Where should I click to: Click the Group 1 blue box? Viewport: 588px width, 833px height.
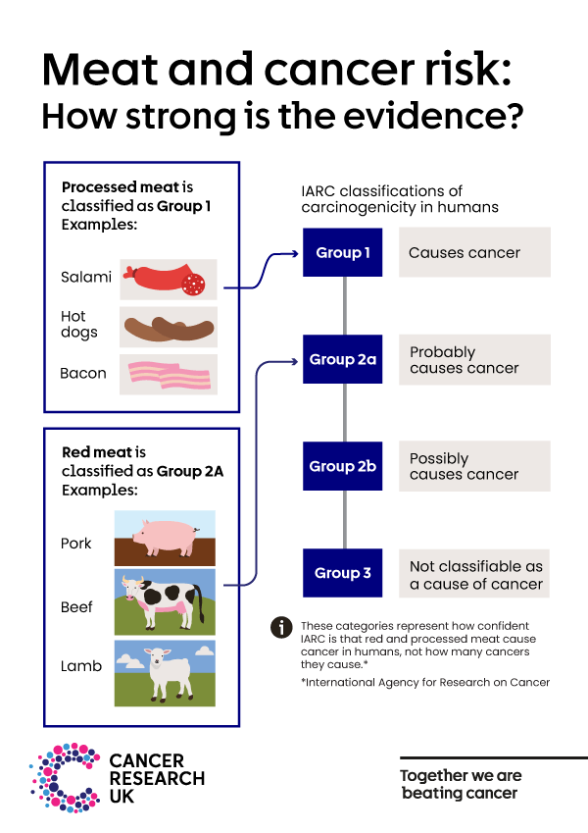tap(343, 253)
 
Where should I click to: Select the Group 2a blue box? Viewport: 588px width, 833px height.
tap(343, 360)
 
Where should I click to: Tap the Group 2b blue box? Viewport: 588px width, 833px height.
tap(343, 466)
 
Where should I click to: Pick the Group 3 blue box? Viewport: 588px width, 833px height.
tap(343, 573)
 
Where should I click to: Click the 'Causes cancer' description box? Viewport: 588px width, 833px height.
tap(474, 253)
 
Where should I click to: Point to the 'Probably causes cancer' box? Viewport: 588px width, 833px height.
tap(474, 360)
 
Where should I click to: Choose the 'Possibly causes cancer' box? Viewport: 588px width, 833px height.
tap(474, 466)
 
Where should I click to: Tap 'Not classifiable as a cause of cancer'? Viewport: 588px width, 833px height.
tap(474, 574)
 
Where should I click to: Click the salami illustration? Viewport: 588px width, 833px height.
tap(169, 279)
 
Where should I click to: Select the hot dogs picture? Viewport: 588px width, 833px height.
tap(169, 326)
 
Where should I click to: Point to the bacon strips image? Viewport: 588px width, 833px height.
tap(169, 374)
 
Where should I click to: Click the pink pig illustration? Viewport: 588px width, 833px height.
tap(165, 538)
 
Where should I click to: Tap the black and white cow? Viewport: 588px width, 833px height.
tap(165, 601)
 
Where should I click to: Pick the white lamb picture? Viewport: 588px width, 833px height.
tap(165, 672)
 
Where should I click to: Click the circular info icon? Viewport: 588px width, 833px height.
tap(282, 627)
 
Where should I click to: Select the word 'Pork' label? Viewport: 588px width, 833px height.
tap(76, 543)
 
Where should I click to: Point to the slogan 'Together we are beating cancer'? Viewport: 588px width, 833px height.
tap(461, 784)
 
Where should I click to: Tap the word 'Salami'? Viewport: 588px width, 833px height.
tap(86, 277)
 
